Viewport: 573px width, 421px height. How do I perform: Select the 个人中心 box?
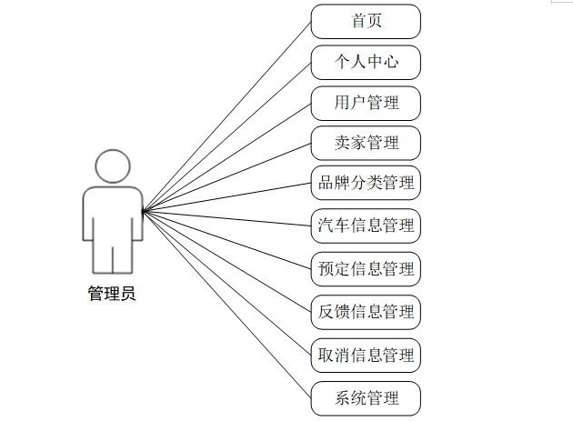(x=366, y=63)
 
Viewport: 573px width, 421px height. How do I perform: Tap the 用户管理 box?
(x=366, y=103)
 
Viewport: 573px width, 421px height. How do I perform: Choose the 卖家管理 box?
(x=366, y=143)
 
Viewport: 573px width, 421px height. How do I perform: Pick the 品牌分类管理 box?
(x=366, y=183)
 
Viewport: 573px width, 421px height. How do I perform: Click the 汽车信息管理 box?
(x=366, y=225)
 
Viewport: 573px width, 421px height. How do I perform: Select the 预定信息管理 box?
(x=366, y=268)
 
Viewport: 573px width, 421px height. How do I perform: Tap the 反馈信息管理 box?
(x=366, y=312)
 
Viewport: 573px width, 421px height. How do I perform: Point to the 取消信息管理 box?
(x=366, y=355)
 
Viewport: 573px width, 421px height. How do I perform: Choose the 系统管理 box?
(x=366, y=397)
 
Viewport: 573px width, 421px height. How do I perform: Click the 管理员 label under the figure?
(x=112, y=294)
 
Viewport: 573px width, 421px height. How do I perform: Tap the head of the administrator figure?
(x=113, y=165)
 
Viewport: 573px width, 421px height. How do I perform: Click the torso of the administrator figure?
(x=113, y=218)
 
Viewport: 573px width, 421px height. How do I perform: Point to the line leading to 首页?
(x=227, y=115)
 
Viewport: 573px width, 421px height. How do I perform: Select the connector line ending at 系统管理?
(x=227, y=304)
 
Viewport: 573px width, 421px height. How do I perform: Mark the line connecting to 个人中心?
(x=227, y=135)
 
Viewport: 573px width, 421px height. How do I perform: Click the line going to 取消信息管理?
(x=227, y=283)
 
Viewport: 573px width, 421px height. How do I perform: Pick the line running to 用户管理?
(x=227, y=156)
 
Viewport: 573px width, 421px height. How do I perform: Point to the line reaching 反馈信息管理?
(x=227, y=261)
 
